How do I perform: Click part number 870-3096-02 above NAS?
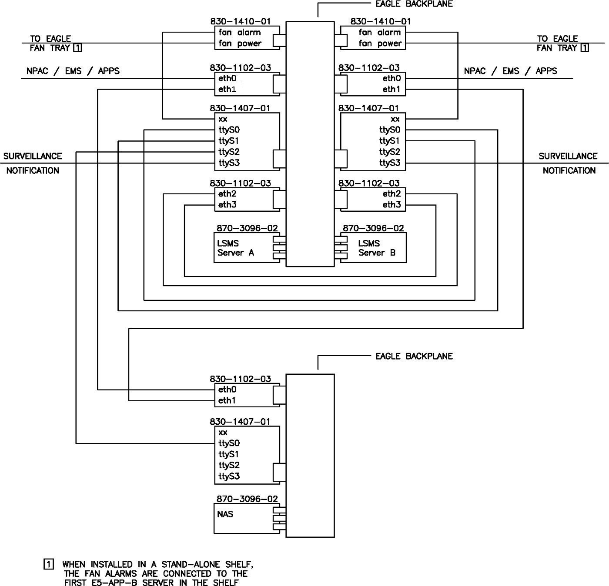coord(247,499)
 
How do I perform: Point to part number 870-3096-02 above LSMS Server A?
coord(247,228)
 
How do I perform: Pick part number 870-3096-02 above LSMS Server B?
coord(373,228)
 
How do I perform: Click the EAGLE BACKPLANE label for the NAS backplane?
coord(414,356)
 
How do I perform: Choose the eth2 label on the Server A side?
coord(227,194)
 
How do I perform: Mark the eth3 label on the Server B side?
coord(391,205)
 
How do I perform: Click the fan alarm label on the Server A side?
coord(239,33)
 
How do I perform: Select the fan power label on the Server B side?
coord(380,43)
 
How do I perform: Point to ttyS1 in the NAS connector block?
coord(229,454)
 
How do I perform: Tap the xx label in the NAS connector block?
coord(223,433)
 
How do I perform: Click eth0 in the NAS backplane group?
coord(227,390)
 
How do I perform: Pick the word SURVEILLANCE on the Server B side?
coord(568,156)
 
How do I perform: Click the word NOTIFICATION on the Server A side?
coord(33,170)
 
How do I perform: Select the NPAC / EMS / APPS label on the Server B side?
coord(510,71)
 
